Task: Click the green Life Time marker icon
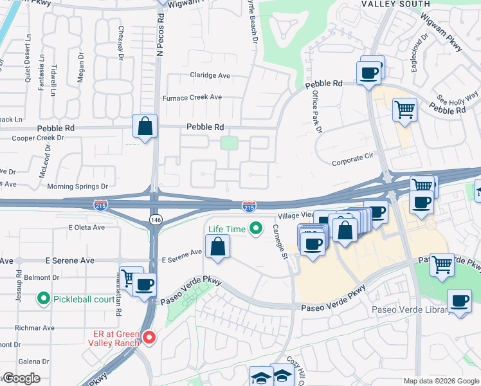(256, 228)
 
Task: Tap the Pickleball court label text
(81, 299)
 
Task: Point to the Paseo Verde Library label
(408, 310)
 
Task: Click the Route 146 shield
(156, 219)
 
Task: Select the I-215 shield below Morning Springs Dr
(101, 205)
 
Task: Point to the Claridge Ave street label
(210, 75)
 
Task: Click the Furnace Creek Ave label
(192, 98)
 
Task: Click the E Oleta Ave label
(86, 228)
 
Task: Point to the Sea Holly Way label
(457, 96)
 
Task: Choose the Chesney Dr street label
(121, 42)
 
